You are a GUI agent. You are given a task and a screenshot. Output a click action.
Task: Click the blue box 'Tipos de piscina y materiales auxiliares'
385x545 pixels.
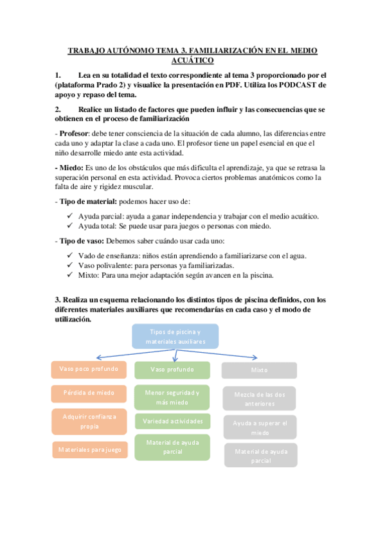pyautogui.click(x=175, y=337)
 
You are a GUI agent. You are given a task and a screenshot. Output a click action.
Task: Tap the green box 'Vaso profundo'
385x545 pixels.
pyautogui.click(x=172, y=370)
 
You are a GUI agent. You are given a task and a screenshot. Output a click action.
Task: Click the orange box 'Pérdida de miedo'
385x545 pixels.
pyautogui.click(x=89, y=393)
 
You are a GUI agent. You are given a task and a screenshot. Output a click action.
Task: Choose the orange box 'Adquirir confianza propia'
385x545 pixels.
pyautogui.click(x=89, y=421)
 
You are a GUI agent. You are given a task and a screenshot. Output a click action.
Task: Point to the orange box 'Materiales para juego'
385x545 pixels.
pyautogui.click(x=90, y=450)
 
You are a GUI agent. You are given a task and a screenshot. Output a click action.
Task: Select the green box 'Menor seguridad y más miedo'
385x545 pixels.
pyautogui.click(x=172, y=397)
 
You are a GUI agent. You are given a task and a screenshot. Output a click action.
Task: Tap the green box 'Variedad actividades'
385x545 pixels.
pyautogui.click(x=172, y=422)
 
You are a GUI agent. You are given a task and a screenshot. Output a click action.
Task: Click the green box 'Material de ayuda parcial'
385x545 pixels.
pyautogui.click(x=172, y=447)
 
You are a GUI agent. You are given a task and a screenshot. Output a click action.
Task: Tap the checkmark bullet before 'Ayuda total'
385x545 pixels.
pyautogui.click(x=71, y=226)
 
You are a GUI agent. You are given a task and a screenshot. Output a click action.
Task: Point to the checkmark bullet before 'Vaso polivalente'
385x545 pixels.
pyautogui.click(x=71, y=265)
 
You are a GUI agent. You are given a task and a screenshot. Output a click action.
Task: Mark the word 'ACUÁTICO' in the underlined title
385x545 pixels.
pyautogui.click(x=192, y=60)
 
